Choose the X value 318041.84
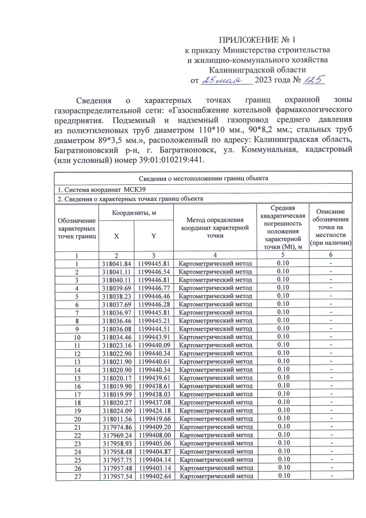pyautogui.click(x=117, y=263)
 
